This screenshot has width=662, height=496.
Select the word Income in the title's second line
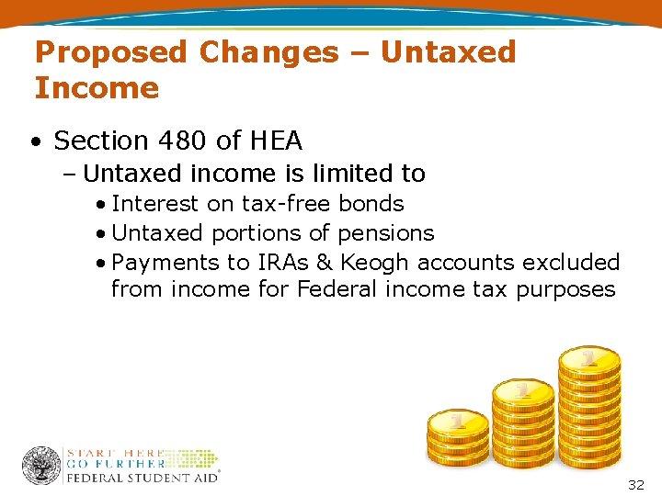click(x=97, y=88)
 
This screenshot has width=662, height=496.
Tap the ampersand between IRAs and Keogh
click(x=324, y=263)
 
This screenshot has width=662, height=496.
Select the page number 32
click(x=635, y=484)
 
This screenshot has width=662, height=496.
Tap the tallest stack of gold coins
click(x=590, y=404)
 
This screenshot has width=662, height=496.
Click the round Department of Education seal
click(x=41, y=466)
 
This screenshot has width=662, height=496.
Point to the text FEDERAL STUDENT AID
click(x=142, y=478)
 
